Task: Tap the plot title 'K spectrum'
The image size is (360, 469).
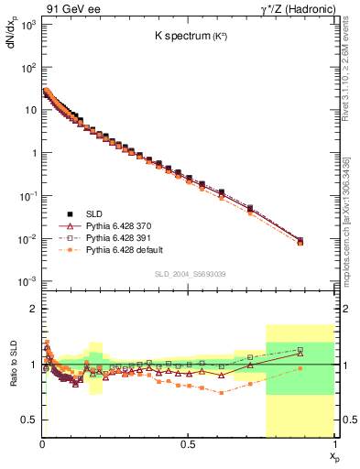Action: coord(184,37)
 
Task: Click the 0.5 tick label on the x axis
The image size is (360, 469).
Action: coord(188,444)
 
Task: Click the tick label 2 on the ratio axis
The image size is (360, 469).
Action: coord(34,309)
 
